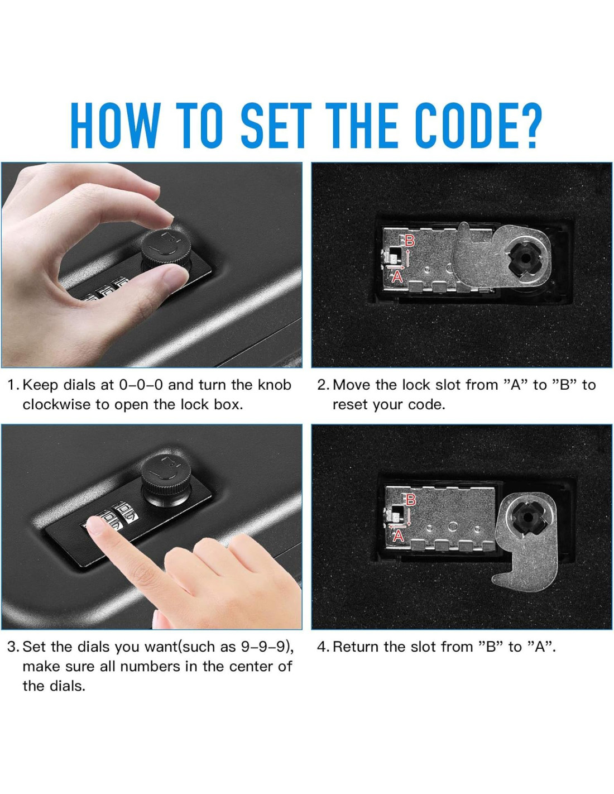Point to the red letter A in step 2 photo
(397, 278)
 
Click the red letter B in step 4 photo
(411, 500)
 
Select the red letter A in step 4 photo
(398, 536)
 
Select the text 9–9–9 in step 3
(262, 647)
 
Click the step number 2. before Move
(324, 385)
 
